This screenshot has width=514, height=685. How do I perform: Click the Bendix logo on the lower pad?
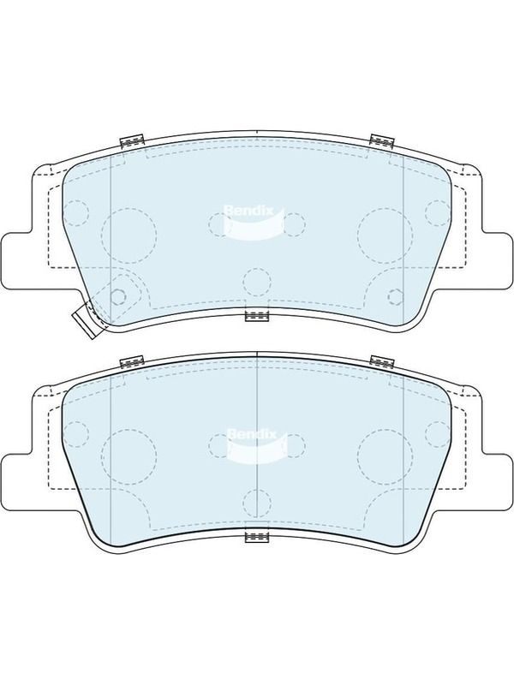coord(256,445)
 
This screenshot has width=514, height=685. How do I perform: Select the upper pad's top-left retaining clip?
coord(132,140)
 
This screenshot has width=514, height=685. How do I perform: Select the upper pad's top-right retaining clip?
coord(382,140)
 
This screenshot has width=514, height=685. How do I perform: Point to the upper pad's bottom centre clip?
coord(257,316)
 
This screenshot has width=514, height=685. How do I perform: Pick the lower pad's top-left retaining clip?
coord(132,361)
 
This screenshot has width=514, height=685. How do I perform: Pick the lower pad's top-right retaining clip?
coord(382,360)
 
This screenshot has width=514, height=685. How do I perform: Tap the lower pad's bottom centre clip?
coord(257,538)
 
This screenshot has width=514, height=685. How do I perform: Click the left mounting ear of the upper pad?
coord(16,261)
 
